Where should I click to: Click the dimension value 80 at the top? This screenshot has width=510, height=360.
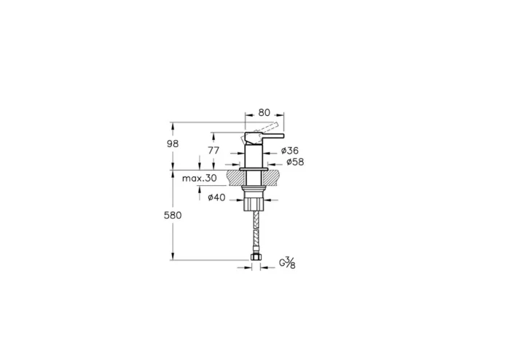tap(264, 113)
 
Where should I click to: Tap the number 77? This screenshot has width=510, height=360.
tap(213, 150)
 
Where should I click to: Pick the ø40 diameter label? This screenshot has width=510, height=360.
tap(217, 198)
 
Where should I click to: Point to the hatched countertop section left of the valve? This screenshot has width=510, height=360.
tap(235, 176)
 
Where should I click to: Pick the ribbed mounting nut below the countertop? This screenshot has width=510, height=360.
tap(253, 200)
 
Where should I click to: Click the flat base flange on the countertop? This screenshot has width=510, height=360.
tap(253, 168)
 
